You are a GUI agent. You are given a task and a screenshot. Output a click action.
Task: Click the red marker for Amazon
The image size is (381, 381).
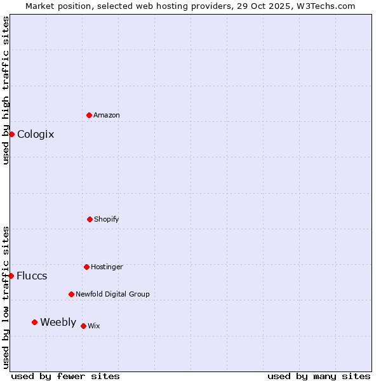(x=89, y=115)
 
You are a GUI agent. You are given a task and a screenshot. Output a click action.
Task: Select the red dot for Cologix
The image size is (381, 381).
(x=11, y=134)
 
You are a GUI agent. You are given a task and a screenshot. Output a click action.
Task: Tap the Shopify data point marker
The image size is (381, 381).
(x=90, y=219)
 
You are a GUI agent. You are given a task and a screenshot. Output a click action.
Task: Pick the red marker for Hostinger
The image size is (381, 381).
(x=86, y=267)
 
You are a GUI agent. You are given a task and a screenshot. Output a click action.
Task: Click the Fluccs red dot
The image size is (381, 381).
(x=11, y=276)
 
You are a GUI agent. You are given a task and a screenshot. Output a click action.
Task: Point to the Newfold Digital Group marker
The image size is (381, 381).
(x=71, y=294)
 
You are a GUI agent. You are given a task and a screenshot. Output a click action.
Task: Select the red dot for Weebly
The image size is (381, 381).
(x=34, y=322)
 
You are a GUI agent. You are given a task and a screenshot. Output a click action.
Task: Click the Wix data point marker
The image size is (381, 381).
(x=83, y=326)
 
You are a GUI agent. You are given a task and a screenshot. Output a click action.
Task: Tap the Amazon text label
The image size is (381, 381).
(x=107, y=115)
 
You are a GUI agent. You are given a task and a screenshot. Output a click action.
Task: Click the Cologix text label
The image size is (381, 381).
(x=36, y=134)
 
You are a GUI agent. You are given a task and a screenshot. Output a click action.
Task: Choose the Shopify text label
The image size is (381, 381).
(x=107, y=219)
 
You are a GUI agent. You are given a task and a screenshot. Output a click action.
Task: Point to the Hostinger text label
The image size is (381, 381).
(x=107, y=267)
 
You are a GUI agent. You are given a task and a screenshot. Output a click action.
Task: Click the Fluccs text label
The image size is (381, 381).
(x=32, y=276)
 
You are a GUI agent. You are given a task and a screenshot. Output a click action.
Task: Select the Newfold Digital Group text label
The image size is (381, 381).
(x=112, y=294)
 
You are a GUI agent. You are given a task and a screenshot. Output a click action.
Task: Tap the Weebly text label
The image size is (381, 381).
(x=58, y=322)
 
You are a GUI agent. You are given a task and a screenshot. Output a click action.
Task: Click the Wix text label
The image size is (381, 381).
(x=94, y=326)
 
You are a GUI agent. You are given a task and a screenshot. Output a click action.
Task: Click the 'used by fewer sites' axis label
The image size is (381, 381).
(x=65, y=376)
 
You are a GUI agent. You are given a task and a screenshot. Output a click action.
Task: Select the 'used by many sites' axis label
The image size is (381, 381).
(x=319, y=376)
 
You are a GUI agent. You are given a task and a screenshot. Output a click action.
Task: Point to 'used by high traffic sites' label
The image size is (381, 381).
(x=6, y=90)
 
